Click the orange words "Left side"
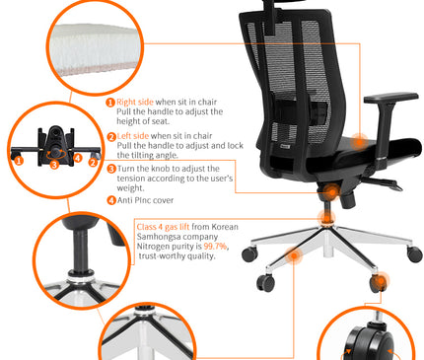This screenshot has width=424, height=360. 134,136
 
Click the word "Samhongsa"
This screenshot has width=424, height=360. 163,237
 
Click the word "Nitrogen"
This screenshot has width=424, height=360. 155,247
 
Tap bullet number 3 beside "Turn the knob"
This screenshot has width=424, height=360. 110,169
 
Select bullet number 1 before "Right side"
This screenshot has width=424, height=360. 110,102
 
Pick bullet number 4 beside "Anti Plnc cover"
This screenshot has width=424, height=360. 110,200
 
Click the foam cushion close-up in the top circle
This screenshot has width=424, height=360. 90,45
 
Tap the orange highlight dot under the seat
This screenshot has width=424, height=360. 323,194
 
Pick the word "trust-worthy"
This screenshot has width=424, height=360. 165,256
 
